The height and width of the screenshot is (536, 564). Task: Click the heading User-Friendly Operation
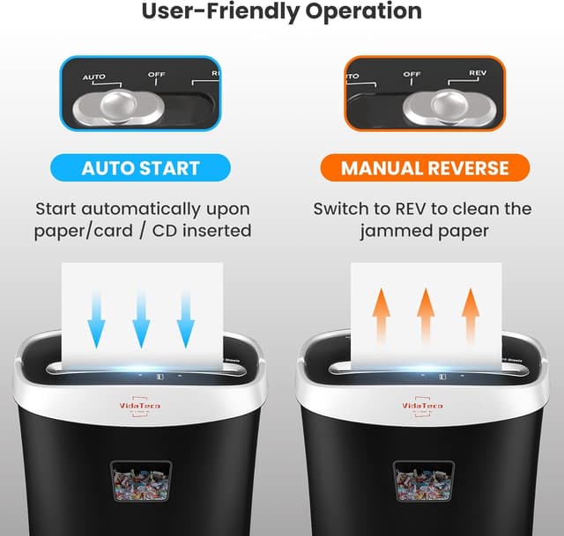tap(282, 12)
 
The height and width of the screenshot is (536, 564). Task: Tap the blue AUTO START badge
tap(140, 167)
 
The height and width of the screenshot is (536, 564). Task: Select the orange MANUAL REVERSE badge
tap(425, 167)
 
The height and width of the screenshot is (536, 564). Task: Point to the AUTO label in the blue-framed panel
tap(94, 77)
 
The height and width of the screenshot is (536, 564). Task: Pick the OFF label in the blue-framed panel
tap(156, 75)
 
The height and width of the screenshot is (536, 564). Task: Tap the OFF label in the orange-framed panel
tap(412, 75)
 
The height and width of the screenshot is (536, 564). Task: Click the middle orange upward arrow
tap(426, 315)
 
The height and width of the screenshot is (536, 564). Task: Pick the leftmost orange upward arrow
tap(381, 315)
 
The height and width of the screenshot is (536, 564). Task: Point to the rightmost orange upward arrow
tap(471, 315)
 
